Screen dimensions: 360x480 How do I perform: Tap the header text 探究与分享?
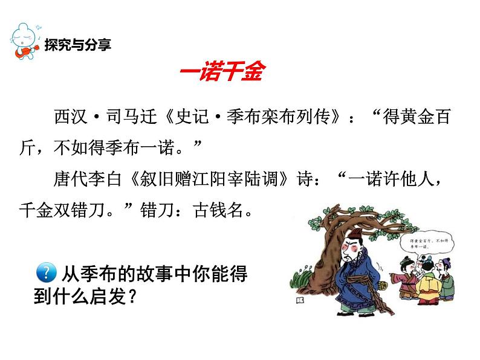(x=77, y=45)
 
